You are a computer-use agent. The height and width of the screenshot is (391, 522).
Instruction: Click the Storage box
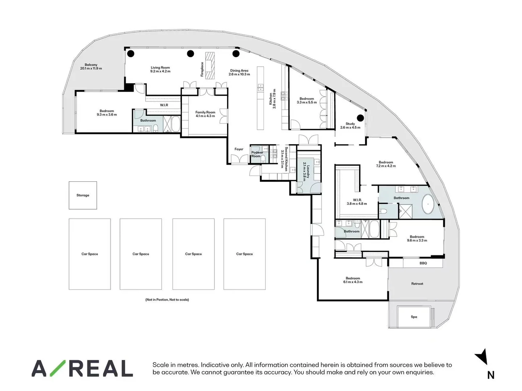point(83,195)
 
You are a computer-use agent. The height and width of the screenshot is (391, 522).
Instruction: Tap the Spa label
point(414,317)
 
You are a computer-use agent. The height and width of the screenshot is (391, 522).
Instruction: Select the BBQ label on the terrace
point(423,263)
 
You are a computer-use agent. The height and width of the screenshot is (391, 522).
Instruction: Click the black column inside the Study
point(360,118)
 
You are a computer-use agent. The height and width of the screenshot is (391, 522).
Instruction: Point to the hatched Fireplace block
point(210,66)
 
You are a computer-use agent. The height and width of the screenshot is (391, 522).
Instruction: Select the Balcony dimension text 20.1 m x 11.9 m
point(91,68)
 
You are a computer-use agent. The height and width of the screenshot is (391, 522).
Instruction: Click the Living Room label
point(160,68)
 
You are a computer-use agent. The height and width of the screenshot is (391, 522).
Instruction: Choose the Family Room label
point(205,112)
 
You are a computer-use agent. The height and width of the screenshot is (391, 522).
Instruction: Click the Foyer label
point(239,149)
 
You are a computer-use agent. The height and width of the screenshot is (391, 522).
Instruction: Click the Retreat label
point(417,284)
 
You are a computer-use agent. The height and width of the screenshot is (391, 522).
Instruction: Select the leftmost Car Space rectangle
point(90,254)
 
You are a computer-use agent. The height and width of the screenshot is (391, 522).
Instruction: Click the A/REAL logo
point(82,369)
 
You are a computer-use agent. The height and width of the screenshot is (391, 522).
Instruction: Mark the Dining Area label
point(239,71)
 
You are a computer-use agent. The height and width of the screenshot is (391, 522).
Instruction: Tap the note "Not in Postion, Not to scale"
point(167,300)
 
